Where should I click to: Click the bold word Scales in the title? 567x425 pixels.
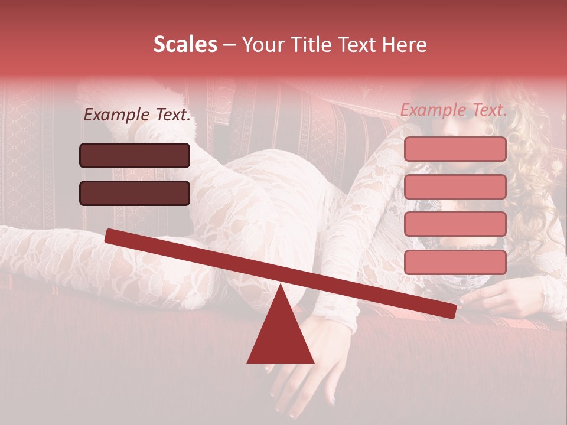185,44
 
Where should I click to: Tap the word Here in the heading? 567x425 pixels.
402,44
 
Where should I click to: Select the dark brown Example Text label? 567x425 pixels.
137,115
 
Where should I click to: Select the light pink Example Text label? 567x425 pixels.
454,109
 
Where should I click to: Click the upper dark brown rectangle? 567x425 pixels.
135,155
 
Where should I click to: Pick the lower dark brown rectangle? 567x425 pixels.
135,193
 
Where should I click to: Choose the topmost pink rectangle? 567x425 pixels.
455,149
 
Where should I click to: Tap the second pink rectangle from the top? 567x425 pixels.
455,187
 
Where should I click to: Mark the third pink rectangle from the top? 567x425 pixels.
455,224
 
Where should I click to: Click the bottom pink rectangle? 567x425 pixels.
455,262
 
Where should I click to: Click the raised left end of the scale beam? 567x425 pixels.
112,236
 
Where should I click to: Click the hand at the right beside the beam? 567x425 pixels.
502,298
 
